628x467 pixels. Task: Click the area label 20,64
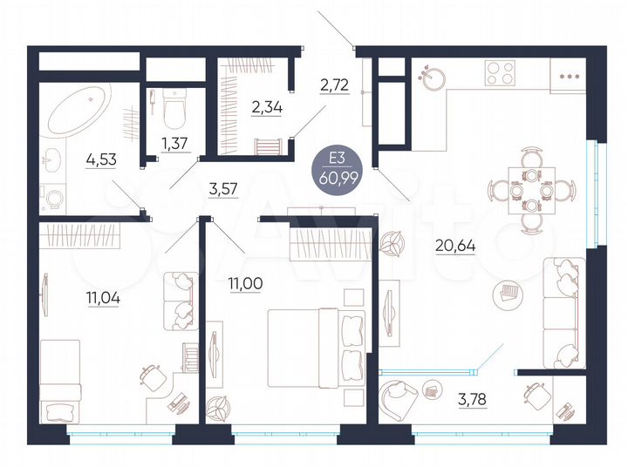tap(454, 245)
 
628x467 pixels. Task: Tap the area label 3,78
tap(474, 402)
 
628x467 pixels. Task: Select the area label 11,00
tap(245, 284)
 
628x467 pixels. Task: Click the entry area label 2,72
tap(335, 85)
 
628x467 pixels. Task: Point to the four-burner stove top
tap(503, 72)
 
